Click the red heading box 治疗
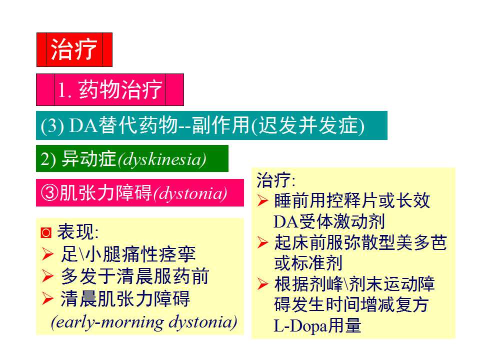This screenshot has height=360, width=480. coord(74,49)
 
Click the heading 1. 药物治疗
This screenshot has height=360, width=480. coord(110,90)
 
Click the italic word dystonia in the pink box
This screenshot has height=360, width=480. coord(190,193)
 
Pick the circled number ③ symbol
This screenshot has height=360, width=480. coord(49,193)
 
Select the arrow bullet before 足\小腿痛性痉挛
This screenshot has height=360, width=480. coord(47,255)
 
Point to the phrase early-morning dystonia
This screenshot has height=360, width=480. coord(144,321)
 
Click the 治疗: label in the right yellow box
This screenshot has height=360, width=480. coord(275,179)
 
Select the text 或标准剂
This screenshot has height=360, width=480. coord(307,263)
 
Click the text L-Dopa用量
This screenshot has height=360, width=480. coord(317,326)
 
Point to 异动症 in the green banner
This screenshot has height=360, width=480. coord(88,159)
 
